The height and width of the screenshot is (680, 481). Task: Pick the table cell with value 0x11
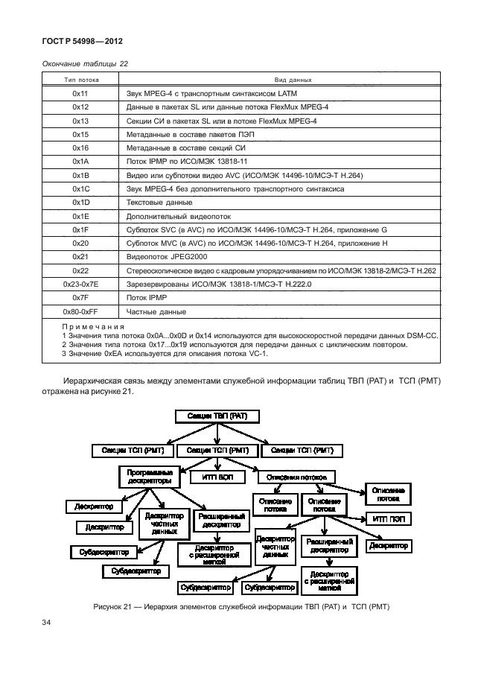[x=81, y=94]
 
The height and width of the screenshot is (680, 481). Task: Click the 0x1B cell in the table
[x=81, y=174]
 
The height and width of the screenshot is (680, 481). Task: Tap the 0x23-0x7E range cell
[x=81, y=283]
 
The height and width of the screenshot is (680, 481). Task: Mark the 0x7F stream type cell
[x=81, y=297]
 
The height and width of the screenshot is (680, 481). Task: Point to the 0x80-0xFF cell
[x=81, y=311]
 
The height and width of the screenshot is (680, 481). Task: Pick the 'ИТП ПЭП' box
[x=388, y=518]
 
